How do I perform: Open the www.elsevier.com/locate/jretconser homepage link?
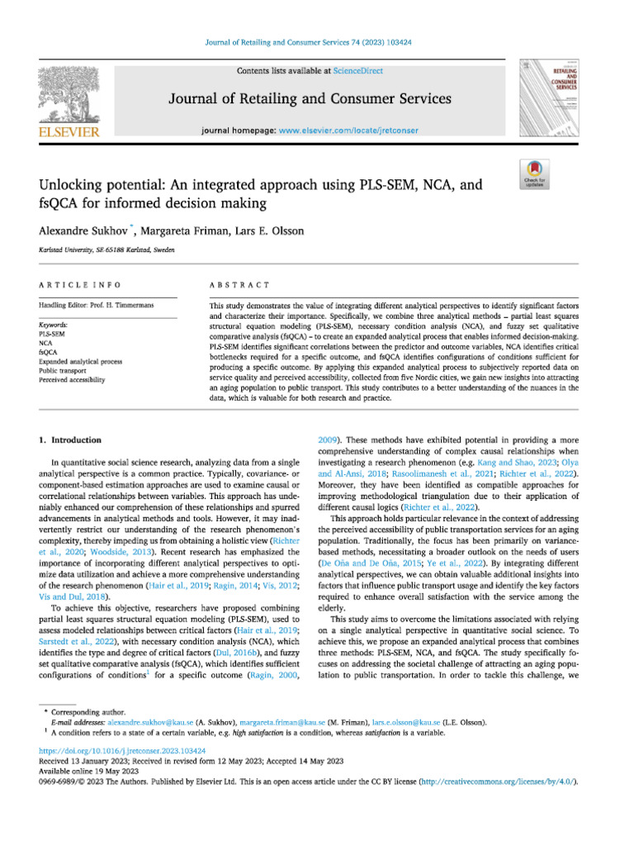[x=348, y=131]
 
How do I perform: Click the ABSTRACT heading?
[x=239, y=285]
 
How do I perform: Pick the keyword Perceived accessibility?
[x=73, y=380]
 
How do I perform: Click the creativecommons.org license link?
[x=499, y=781]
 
